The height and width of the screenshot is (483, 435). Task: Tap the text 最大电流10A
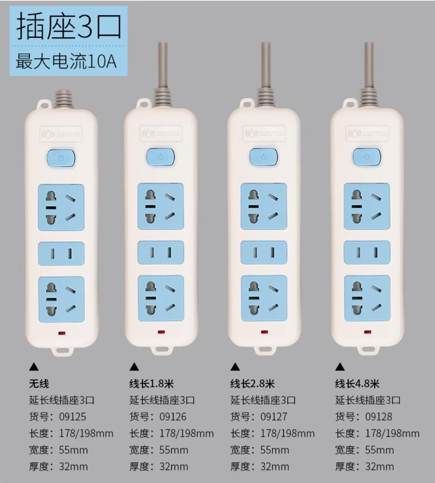click(66, 61)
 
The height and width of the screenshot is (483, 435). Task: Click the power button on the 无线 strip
click(61, 158)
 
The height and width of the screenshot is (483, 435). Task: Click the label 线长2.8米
click(252, 384)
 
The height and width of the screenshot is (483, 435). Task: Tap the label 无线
click(39, 384)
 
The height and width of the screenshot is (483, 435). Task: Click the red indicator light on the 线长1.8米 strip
click(161, 332)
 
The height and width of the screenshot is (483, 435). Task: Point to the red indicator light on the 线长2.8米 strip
click(265, 332)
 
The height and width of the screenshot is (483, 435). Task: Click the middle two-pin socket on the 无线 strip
click(61, 254)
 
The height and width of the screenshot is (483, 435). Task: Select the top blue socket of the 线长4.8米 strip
click(367, 206)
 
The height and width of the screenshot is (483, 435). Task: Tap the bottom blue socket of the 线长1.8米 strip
click(161, 298)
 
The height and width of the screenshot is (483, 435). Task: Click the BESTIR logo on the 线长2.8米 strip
click(264, 134)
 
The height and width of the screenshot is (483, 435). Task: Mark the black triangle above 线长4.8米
click(340, 367)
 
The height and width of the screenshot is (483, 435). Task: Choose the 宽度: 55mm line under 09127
click(260, 450)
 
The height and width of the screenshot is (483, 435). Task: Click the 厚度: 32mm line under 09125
click(58, 467)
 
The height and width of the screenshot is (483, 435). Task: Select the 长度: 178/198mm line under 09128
click(377, 433)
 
